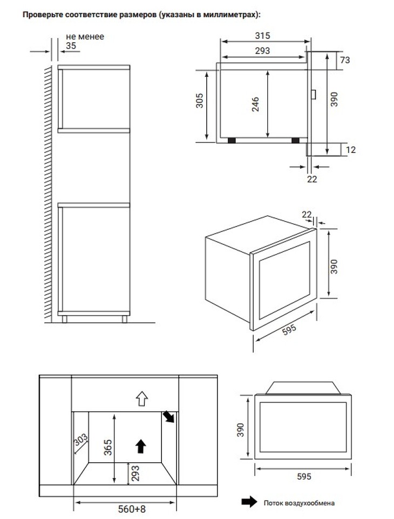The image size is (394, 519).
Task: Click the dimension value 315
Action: point(262,36)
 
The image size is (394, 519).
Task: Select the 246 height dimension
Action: point(255,104)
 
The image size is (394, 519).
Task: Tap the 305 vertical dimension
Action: point(199,101)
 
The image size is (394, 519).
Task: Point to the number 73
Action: point(345,60)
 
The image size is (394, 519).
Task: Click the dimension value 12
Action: point(351,150)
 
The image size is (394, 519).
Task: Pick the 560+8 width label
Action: point(132,509)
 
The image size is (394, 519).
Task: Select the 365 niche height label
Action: point(108,447)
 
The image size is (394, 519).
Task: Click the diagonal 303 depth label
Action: point(80,440)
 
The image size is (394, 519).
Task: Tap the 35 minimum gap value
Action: point(71,45)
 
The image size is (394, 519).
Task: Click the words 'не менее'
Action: point(85,36)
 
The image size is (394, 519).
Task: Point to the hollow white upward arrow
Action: point(142,398)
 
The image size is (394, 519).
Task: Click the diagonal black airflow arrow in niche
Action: point(168,417)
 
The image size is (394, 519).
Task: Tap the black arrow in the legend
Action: point(249,502)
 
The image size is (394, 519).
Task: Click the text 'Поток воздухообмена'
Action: point(299,503)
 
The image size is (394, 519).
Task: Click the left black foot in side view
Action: point(232,141)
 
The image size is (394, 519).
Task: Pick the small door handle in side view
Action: point(314,94)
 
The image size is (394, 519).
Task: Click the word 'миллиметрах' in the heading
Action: point(228,15)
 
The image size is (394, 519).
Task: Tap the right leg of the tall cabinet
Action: point(124,319)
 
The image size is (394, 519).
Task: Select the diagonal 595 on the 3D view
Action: point(289,330)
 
